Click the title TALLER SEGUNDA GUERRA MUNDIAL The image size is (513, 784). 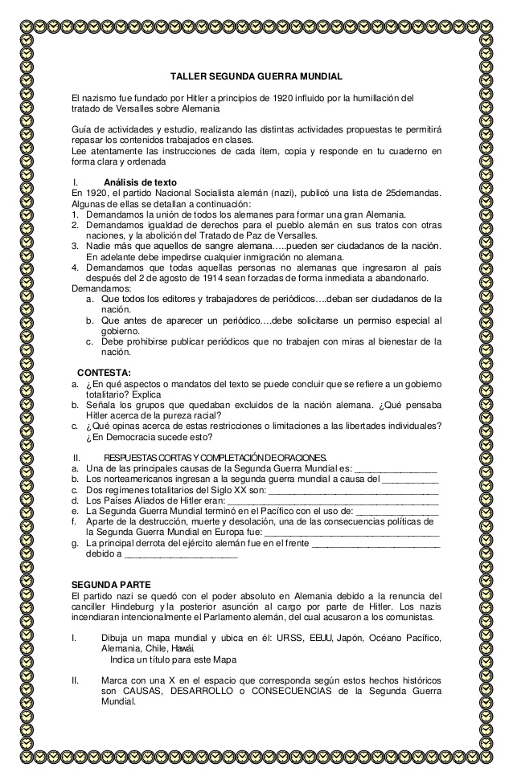pos(256,76)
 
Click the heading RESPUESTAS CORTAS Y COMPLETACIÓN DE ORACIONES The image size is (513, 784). pos(215,457)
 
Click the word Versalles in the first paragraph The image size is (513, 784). pos(139,108)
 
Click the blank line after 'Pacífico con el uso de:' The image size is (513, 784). pos(396,509)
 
